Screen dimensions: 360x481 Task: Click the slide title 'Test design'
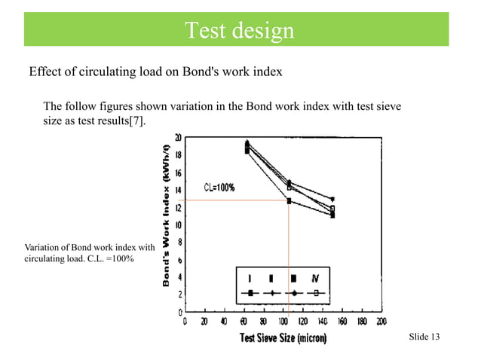coord(240,31)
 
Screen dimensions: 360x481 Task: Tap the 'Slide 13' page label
coord(424,336)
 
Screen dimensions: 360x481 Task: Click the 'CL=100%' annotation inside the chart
coord(219,188)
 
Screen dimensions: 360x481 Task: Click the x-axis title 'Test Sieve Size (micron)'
coord(283,338)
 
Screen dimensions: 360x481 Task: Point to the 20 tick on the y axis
coord(177,139)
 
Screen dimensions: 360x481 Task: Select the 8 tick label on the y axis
coord(178,242)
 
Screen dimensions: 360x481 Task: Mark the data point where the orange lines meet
coord(290,200)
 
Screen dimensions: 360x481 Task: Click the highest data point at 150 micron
coord(332,199)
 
